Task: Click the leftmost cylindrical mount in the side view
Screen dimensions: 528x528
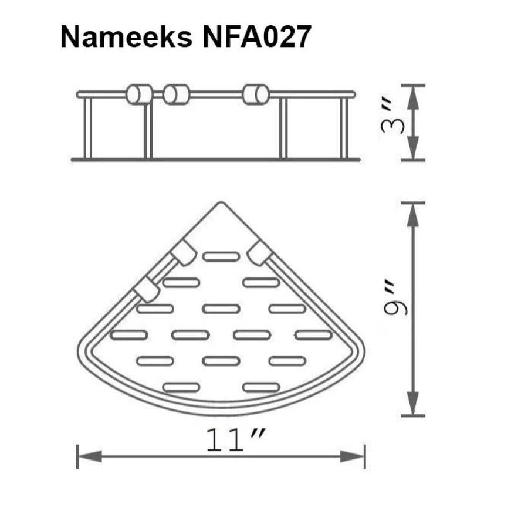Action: tap(139, 94)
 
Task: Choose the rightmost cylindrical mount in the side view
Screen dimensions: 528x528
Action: tap(256, 94)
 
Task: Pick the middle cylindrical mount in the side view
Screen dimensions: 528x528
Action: tap(176, 94)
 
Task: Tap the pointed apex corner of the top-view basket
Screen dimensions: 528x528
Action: tap(221, 204)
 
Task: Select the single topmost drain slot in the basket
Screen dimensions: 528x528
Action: tap(221, 256)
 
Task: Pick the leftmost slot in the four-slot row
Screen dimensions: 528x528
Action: tap(128, 334)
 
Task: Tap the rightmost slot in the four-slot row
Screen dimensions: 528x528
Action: tap(313, 334)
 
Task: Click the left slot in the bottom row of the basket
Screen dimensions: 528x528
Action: tap(181, 387)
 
